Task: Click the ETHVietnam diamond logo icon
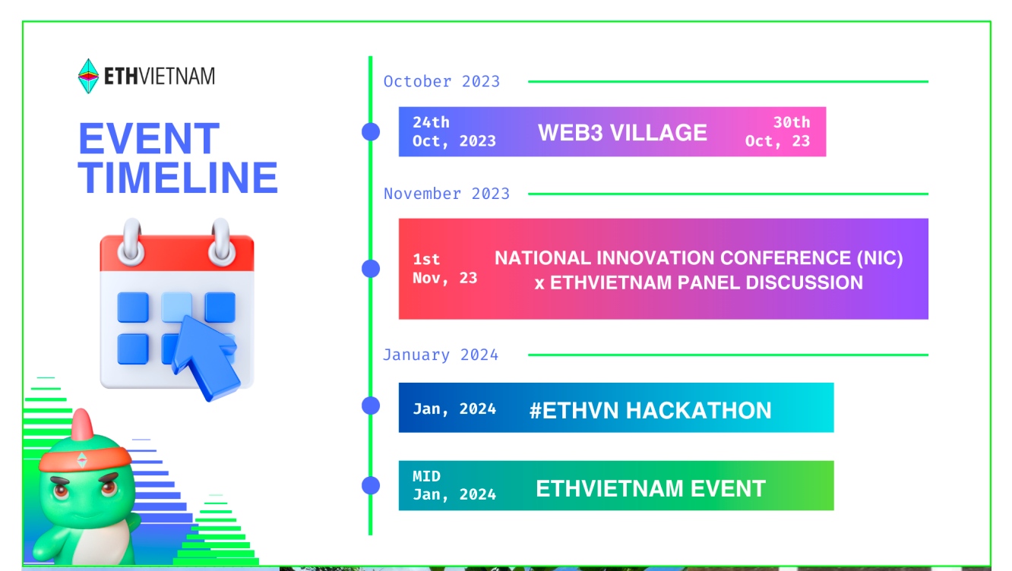pos(89,76)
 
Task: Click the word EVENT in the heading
pos(149,140)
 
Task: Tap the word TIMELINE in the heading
pos(178,178)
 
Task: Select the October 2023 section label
pos(441,81)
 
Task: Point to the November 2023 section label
pos(446,194)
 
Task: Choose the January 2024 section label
pos(441,355)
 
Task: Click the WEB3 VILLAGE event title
pos(622,132)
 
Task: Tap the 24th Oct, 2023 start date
pos(454,131)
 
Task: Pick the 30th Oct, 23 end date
pos(777,131)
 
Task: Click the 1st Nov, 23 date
pos(444,269)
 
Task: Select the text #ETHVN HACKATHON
pos(650,411)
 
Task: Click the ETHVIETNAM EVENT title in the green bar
pos(650,488)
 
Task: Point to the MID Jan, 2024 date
pos(454,485)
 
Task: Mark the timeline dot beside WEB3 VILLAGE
pos(371,131)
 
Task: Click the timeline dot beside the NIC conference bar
pos(371,268)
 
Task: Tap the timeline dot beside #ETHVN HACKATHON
pos(371,405)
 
